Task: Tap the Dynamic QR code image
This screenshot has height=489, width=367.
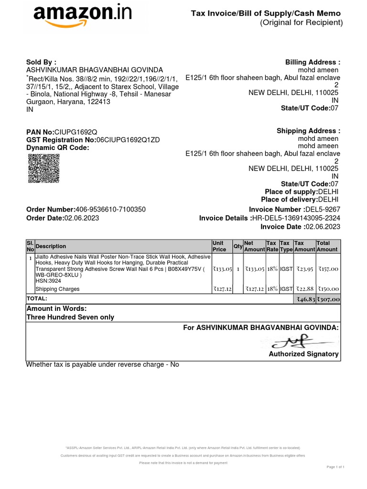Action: pos(41,169)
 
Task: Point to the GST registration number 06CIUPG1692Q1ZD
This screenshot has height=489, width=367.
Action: pos(128,139)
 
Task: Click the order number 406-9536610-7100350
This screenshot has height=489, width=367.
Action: pos(110,210)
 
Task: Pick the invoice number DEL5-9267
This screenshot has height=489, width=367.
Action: pos(323,210)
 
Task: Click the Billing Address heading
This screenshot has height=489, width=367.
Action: pos(313,62)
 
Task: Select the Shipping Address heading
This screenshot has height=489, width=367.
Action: pos(308,131)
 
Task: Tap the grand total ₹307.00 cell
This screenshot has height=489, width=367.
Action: pos(328,299)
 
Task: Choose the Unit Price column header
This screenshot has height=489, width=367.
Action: pos(219,246)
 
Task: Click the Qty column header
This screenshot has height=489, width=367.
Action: pos(237,246)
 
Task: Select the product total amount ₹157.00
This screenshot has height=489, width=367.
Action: pos(328,269)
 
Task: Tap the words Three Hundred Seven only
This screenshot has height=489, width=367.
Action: pos(70,317)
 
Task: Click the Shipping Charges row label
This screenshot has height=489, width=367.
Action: pos(57,289)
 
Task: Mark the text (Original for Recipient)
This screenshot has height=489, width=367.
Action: pos(301,23)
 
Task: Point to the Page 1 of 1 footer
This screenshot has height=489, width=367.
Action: pos(335,467)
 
